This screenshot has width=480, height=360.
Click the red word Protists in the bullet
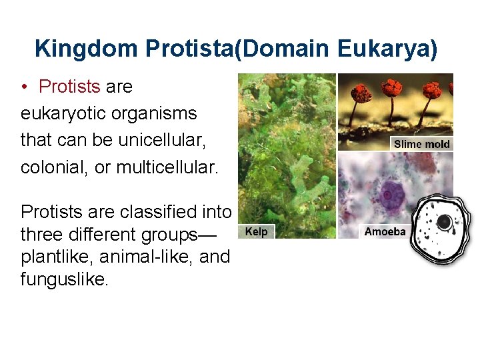(x=69, y=87)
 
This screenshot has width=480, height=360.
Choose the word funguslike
(x=63, y=279)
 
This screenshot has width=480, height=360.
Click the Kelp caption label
(x=256, y=232)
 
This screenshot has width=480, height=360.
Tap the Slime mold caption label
(x=421, y=144)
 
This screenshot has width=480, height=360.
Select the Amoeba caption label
(x=385, y=232)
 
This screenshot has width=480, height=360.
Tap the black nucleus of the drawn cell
(x=443, y=222)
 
